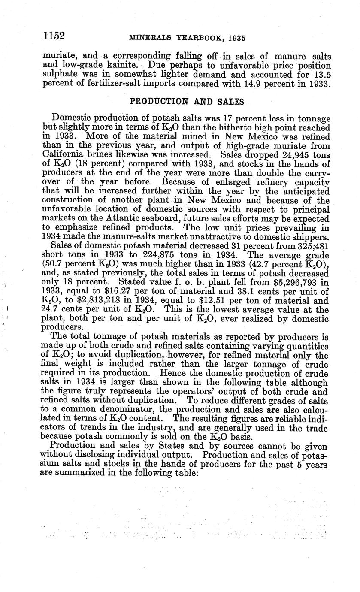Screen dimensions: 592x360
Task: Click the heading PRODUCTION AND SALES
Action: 187,102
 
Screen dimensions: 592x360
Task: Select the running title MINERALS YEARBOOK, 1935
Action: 187,38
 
